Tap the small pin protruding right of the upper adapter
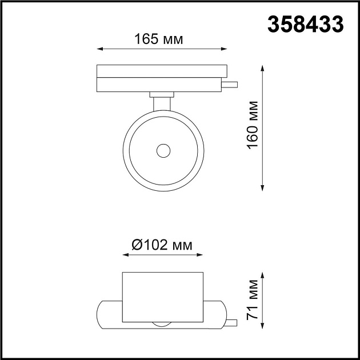pyautogui.click(x=230, y=85)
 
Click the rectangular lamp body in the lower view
pyautogui.click(x=163, y=297)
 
